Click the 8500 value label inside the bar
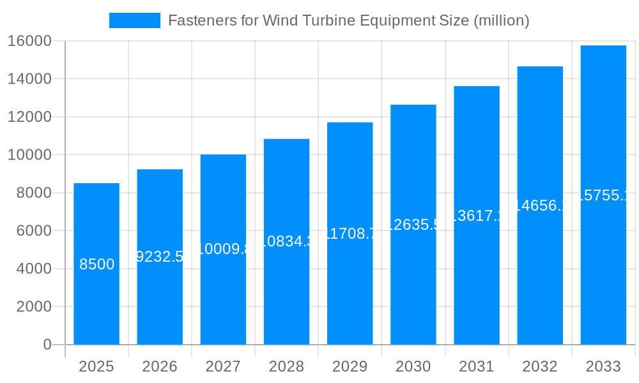[x=96, y=264]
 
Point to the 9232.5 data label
[x=160, y=257]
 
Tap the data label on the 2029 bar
[x=350, y=234]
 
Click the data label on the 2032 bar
[x=541, y=206]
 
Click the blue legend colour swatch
[x=135, y=20]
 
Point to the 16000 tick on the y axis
[x=29, y=41]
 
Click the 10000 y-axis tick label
[x=29, y=155]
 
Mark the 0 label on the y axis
[x=47, y=345]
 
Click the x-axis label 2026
[x=160, y=366]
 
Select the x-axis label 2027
[x=223, y=366]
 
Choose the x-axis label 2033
[x=603, y=366]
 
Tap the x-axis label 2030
[x=413, y=366]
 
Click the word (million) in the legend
[x=501, y=20]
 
